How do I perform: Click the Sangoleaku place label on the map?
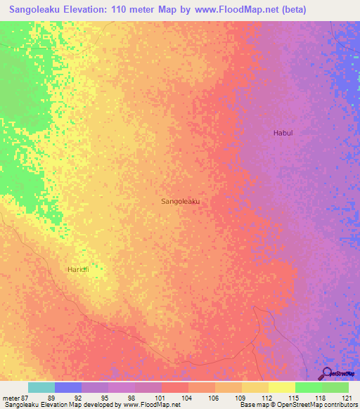[181, 201]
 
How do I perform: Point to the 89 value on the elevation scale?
[51, 398]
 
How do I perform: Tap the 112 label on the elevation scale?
[267, 398]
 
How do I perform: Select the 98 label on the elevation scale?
[131, 398]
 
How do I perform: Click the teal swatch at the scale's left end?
[41, 387]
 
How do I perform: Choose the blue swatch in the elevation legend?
[67, 387]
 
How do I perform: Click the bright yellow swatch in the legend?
[281, 387]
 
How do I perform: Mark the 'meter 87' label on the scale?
[14, 398]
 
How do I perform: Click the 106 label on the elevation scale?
[214, 398]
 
